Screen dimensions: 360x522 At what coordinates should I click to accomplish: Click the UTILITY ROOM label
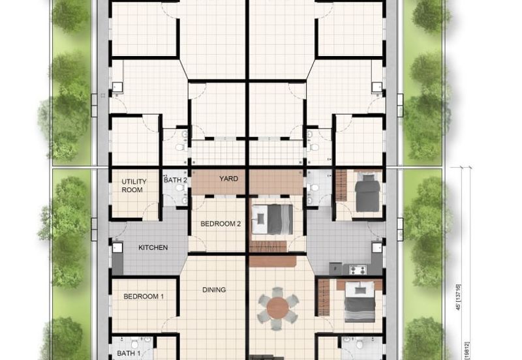tap(134, 185)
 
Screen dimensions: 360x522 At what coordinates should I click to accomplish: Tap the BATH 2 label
tap(175, 180)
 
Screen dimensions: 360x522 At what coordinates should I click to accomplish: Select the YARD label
tap(228, 178)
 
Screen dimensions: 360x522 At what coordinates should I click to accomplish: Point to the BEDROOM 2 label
tap(221, 224)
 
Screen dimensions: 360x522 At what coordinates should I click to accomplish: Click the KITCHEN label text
tap(153, 248)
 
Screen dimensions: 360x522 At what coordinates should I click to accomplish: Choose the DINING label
tap(214, 290)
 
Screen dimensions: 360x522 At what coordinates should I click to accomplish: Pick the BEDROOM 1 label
tap(144, 296)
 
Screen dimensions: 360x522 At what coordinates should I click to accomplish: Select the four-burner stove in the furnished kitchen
tap(358, 269)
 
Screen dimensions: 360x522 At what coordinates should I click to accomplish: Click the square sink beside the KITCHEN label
tap(117, 248)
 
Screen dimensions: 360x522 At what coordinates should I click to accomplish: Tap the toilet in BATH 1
tap(134, 343)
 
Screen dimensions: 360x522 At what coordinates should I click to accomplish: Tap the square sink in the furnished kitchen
tap(377, 248)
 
